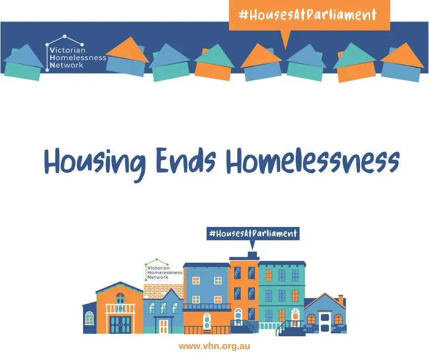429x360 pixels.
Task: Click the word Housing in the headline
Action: click(95, 163)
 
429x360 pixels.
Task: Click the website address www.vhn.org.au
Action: click(214, 346)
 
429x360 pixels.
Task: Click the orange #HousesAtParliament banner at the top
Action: click(309, 15)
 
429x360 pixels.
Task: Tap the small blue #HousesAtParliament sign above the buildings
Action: click(253, 233)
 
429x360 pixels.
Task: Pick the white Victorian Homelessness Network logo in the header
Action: click(75, 53)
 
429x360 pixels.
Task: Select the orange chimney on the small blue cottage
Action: click(341, 299)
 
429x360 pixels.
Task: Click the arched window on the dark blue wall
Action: click(89, 318)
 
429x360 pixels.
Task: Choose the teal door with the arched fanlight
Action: click(207, 321)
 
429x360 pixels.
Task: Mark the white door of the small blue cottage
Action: click(324, 322)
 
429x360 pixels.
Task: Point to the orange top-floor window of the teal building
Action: click(269, 275)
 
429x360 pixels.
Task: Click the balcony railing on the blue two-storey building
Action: click(207, 307)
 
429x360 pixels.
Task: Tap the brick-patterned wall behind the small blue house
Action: click(163, 291)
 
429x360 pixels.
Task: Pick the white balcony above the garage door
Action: click(120, 309)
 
